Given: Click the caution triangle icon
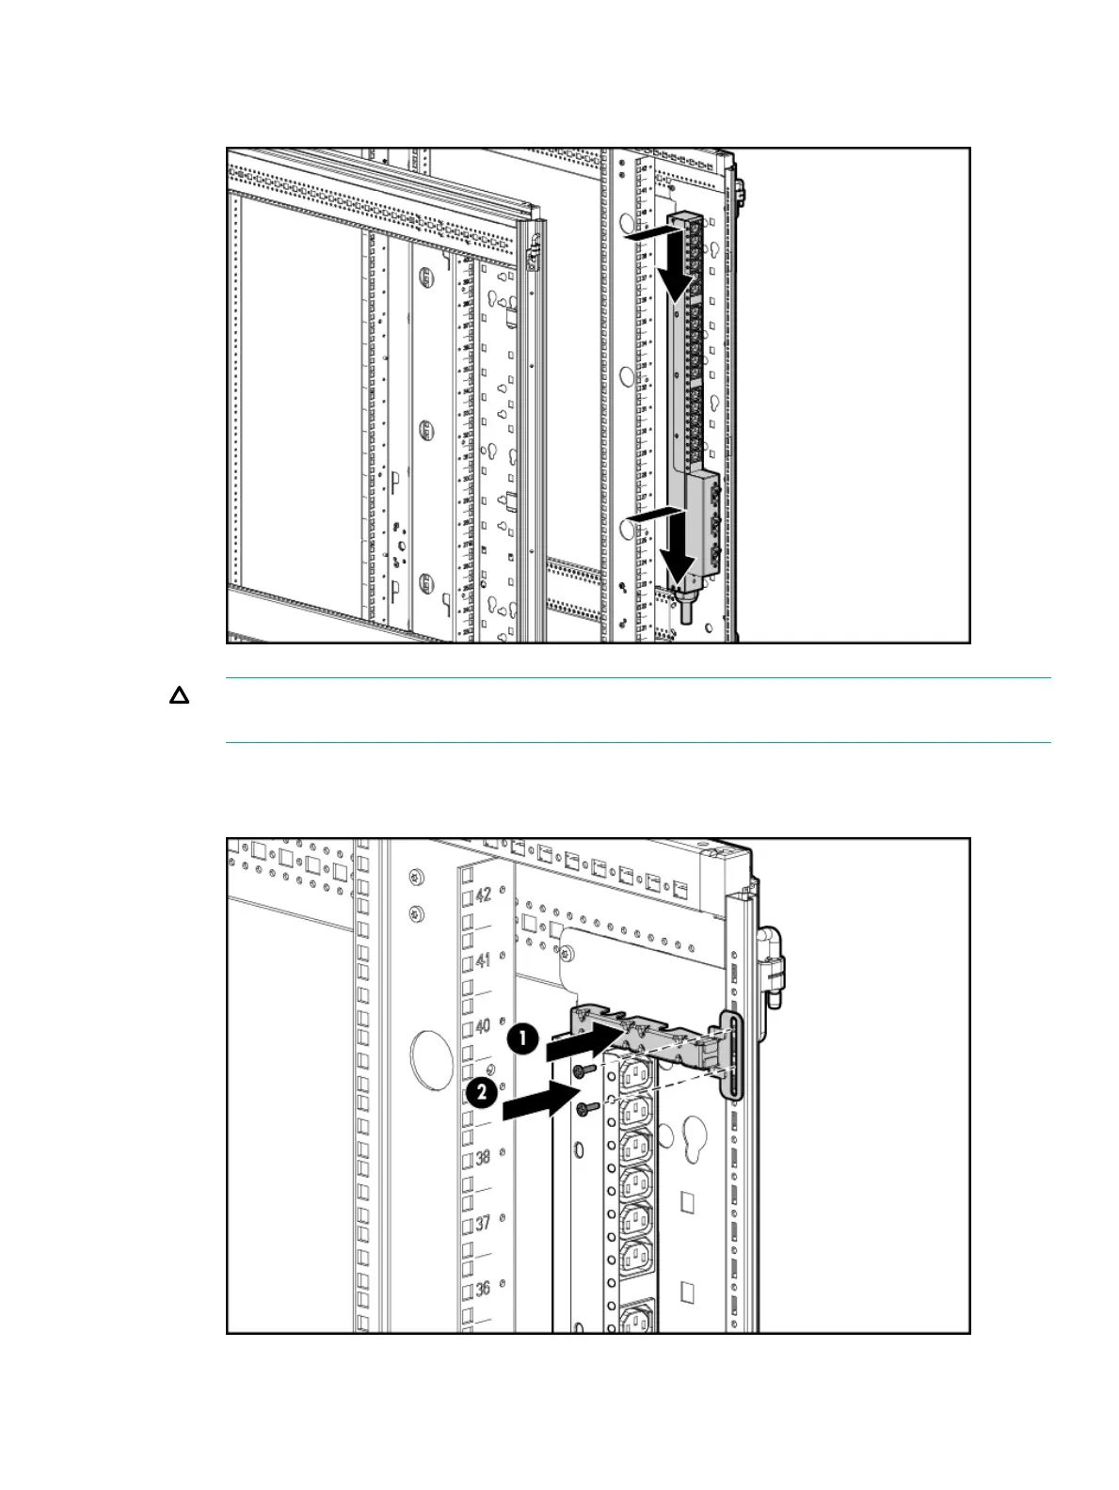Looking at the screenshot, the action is point(179,697).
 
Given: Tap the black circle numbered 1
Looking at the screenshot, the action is point(523,1040).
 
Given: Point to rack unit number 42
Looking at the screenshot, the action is point(483,895).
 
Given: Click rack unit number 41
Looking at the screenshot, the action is point(483,960).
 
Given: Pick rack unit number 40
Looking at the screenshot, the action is point(483,1025).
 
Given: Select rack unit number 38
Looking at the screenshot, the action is point(483,1157).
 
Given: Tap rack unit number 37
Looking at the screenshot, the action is point(483,1223).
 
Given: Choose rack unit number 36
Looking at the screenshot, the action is point(483,1289).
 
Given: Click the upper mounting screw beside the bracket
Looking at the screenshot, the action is point(590,1070).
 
